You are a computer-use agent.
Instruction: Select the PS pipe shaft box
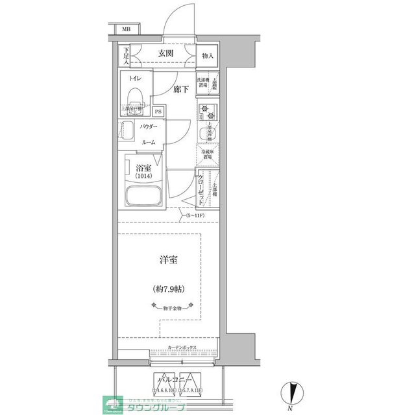(158, 111)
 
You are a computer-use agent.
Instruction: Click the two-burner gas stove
(207, 110)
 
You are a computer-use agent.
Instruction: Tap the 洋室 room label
(170, 260)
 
